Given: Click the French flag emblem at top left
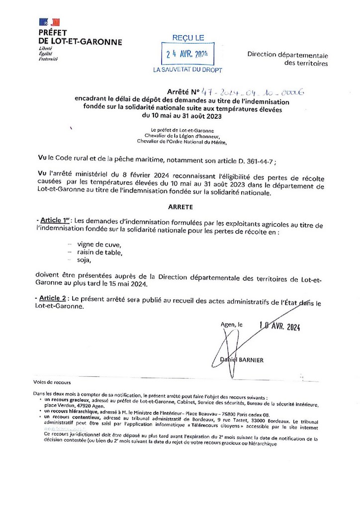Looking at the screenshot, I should tap(49, 22).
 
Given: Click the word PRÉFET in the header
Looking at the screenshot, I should tap(54, 33).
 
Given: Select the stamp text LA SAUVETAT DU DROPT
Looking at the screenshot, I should tap(187, 70).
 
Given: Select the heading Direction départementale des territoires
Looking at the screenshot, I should tap(288, 59).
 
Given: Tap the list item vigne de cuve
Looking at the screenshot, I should tap(100, 244).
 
